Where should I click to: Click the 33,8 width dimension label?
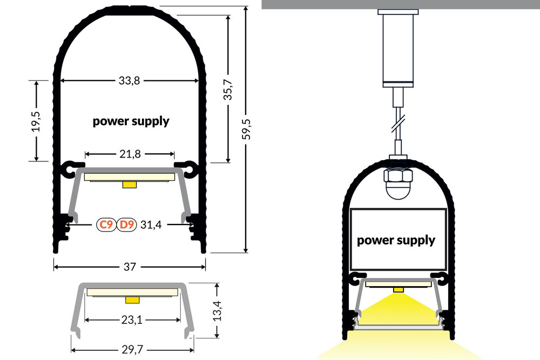(x=129, y=81)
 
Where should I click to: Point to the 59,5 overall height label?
(x=248, y=130)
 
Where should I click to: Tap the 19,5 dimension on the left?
(x=36, y=121)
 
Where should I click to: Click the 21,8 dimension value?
(x=130, y=154)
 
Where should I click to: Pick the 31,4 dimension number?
(x=151, y=225)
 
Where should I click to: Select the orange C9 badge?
(x=105, y=225)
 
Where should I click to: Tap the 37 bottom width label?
(x=130, y=267)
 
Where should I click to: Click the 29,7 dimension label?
(x=132, y=350)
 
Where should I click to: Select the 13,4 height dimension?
(x=217, y=310)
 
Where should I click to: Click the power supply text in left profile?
(x=131, y=121)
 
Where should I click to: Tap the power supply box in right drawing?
(x=396, y=240)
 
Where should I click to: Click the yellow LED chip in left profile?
(x=130, y=185)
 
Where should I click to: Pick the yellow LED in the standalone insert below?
(x=132, y=299)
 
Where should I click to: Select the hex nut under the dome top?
(x=397, y=176)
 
